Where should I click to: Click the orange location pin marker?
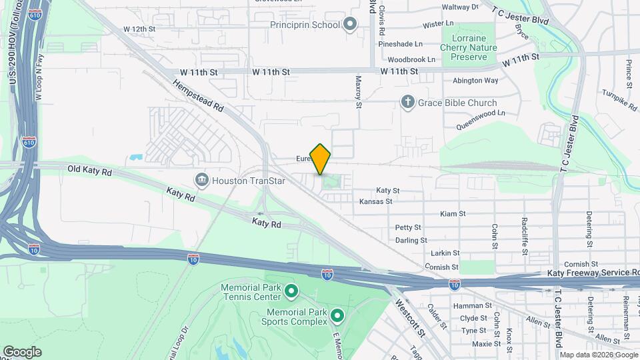click(320, 159)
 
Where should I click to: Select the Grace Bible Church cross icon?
click(407, 102)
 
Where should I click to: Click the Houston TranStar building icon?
click(201, 179)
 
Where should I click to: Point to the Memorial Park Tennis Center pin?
click(291, 291)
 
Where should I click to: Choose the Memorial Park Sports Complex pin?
click(337, 315)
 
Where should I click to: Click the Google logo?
click(23, 351)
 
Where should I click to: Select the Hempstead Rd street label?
click(199, 97)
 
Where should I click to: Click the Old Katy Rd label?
click(89, 170)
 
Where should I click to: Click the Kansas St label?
click(375, 201)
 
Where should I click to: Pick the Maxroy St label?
click(358, 91)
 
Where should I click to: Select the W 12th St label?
click(139, 29)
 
